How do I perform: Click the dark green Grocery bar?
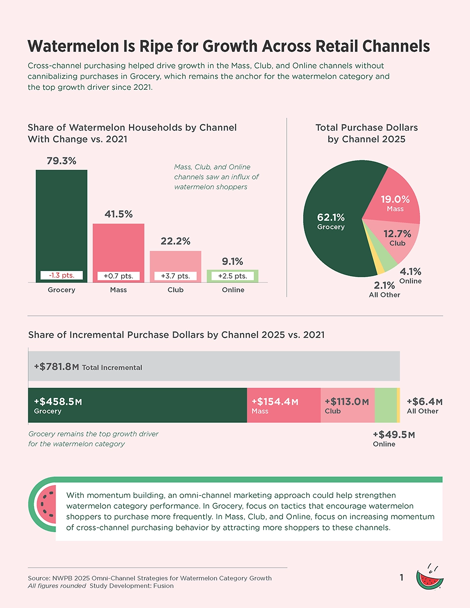click(x=62, y=221)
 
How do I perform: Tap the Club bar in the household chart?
click(x=175, y=261)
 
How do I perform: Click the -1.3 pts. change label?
click(x=62, y=276)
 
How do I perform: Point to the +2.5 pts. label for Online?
click(x=233, y=276)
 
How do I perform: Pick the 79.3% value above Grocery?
click(x=62, y=161)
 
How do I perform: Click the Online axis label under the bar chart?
click(x=233, y=290)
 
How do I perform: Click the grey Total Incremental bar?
click(x=214, y=366)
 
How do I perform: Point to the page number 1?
click(x=401, y=577)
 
